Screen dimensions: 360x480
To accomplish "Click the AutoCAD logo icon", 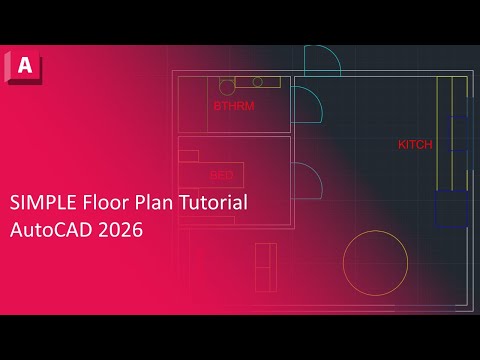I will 23,66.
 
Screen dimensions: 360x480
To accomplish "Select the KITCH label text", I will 415,145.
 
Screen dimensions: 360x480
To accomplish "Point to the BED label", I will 221,174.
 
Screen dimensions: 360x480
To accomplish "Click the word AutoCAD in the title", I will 49,229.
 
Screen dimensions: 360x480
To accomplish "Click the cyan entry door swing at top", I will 324,61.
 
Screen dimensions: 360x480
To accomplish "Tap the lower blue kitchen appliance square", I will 453,208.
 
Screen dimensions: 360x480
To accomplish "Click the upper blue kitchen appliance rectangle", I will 460,133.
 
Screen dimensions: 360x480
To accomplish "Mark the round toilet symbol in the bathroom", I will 258,82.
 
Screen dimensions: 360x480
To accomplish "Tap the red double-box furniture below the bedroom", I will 265,263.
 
